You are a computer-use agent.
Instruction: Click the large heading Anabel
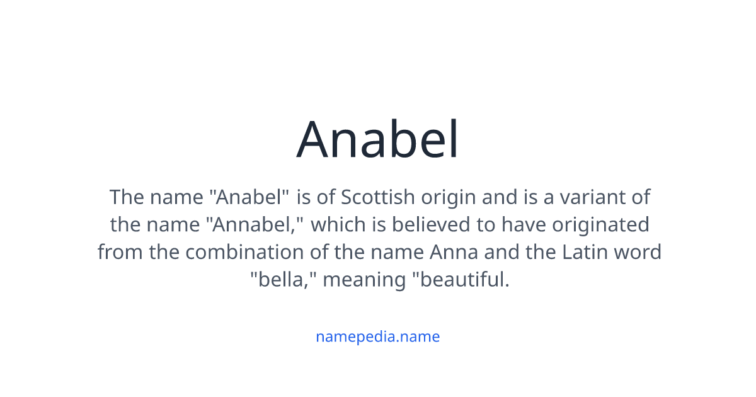pyautogui.click(x=378, y=140)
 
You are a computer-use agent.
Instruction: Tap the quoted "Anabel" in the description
pyautogui.click(x=249, y=197)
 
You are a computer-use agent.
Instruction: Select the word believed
pyautogui.click(x=420, y=224)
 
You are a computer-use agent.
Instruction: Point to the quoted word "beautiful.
pyautogui.click(x=460, y=279)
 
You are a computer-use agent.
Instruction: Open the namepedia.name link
pyautogui.click(x=378, y=337)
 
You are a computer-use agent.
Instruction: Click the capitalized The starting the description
pyautogui.click(x=127, y=197)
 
